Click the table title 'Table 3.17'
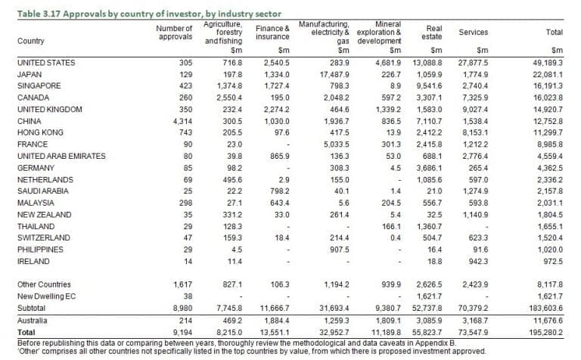pos(39,14)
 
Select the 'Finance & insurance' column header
pos(272,33)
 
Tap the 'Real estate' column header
pos(432,33)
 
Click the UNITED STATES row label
pos(46,63)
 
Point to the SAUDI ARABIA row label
pos(43,191)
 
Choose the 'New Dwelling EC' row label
pos(46,296)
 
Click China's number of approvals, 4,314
pos(182,121)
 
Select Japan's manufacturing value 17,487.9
pos(334,74)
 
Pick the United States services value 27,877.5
pos(473,63)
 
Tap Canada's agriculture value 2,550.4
pos(229,98)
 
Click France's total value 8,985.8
pos(550,144)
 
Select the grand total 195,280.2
pos(545,332)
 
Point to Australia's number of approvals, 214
pos(185,321)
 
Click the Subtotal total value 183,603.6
pos(545,308)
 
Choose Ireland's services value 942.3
pos(478,262)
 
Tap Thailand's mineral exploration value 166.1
pos(391,226)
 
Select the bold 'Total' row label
pos(26,332)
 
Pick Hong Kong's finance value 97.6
pos(282,132)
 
